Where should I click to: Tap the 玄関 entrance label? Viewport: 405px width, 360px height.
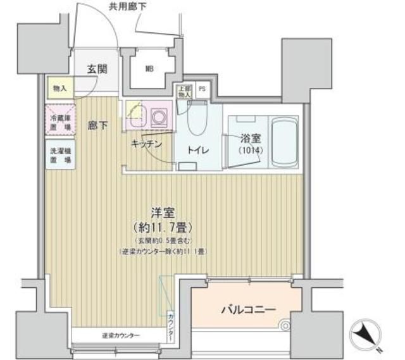(97, 68)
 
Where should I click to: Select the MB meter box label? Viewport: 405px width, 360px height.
(150, 69)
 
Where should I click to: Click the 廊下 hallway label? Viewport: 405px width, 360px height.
(97, 125)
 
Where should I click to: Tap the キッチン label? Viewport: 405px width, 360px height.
(147, 144)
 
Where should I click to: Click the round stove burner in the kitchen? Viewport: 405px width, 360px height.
(158, 116)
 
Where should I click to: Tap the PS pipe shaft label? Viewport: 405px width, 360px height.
(202, 89)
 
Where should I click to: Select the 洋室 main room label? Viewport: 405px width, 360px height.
(164, 213)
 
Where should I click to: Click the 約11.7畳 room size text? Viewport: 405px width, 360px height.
(164, 227)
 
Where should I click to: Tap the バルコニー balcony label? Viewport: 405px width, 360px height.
(247, 311)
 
